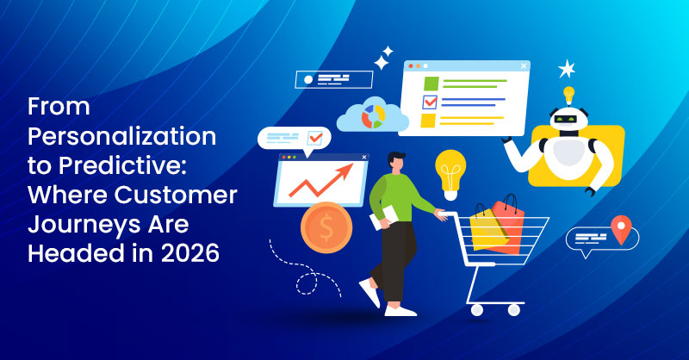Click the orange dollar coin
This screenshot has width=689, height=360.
coord(325,229)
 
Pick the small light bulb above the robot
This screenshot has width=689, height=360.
coord(568,94)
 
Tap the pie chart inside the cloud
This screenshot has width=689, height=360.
coord(371,115)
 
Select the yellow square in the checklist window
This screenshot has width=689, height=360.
coord(429,121)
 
